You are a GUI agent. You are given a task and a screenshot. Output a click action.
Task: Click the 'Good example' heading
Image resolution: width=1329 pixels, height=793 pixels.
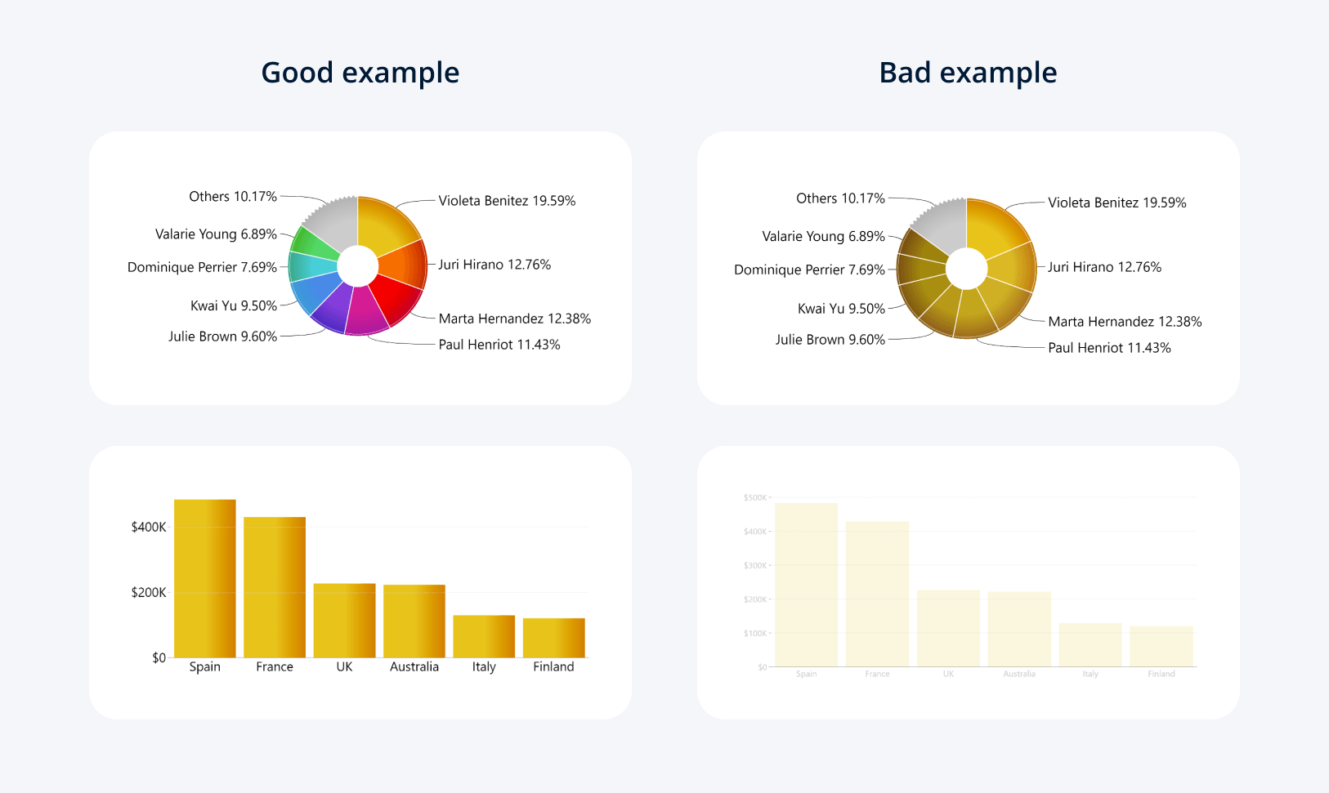click(x=360, y=73)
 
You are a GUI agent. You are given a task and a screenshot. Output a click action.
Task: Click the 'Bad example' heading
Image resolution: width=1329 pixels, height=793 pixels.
click(x=968, y=73)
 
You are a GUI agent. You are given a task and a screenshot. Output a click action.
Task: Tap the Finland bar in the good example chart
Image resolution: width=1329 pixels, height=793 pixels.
click(x=553, y=638)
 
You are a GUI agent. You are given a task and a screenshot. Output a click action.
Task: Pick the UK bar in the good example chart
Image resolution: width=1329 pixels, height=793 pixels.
click(x=344, y=621)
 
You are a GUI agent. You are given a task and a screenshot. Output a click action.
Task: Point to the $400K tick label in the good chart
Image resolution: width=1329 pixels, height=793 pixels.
click(x=149, y=527)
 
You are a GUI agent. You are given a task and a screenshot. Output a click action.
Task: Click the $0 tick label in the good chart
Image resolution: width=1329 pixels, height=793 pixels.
click(x=159, y=657)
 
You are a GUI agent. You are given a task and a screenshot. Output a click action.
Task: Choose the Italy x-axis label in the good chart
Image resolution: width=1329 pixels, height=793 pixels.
click(x=484, y=666)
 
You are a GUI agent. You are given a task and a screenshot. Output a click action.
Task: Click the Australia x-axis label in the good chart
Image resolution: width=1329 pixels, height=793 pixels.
click(x=414, y=666)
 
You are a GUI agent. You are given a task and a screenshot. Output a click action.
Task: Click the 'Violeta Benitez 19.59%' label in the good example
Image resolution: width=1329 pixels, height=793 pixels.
click(x=507, y=201)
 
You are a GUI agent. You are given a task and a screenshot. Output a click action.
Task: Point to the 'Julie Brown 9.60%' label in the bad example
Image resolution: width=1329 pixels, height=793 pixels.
click(x=830, y=340)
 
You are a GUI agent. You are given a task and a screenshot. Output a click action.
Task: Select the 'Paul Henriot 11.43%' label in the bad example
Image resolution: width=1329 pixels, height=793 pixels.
click(x=1109, y=348)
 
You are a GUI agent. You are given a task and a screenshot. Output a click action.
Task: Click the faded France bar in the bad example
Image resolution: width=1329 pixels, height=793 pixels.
click(x=877, y=594)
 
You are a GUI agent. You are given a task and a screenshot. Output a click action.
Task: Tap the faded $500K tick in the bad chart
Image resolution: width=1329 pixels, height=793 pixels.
click(x=755, y=497)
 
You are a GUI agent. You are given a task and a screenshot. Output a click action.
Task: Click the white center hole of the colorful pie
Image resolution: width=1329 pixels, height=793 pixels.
click(x=357, y=266)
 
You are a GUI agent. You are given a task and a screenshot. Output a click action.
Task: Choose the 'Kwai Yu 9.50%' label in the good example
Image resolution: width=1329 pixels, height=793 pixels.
click(x=234, y=305)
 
